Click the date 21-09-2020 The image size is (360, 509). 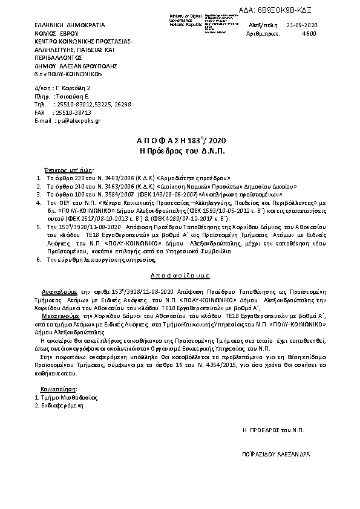point(303,25)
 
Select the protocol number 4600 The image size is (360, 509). point(309,34)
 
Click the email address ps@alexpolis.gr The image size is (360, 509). point(70,121)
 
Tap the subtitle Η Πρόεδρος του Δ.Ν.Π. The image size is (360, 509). point(180,151)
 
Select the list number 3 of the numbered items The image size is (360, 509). point(39,195)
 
